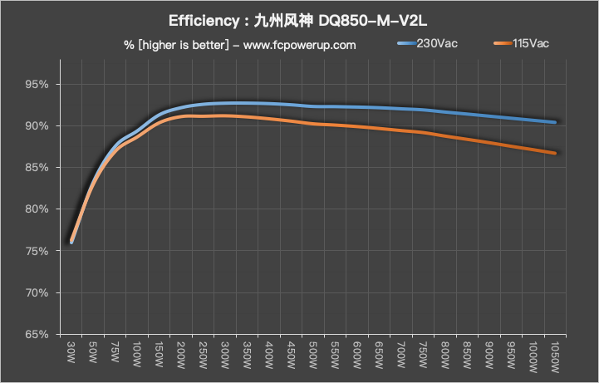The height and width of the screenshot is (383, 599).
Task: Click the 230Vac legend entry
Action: click(433, 43)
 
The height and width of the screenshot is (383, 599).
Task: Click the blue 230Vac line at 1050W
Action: click(554, 122)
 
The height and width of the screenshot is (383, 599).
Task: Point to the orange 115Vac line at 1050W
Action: click(554, 153)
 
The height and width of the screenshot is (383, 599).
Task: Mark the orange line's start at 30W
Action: click(71, 242)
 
